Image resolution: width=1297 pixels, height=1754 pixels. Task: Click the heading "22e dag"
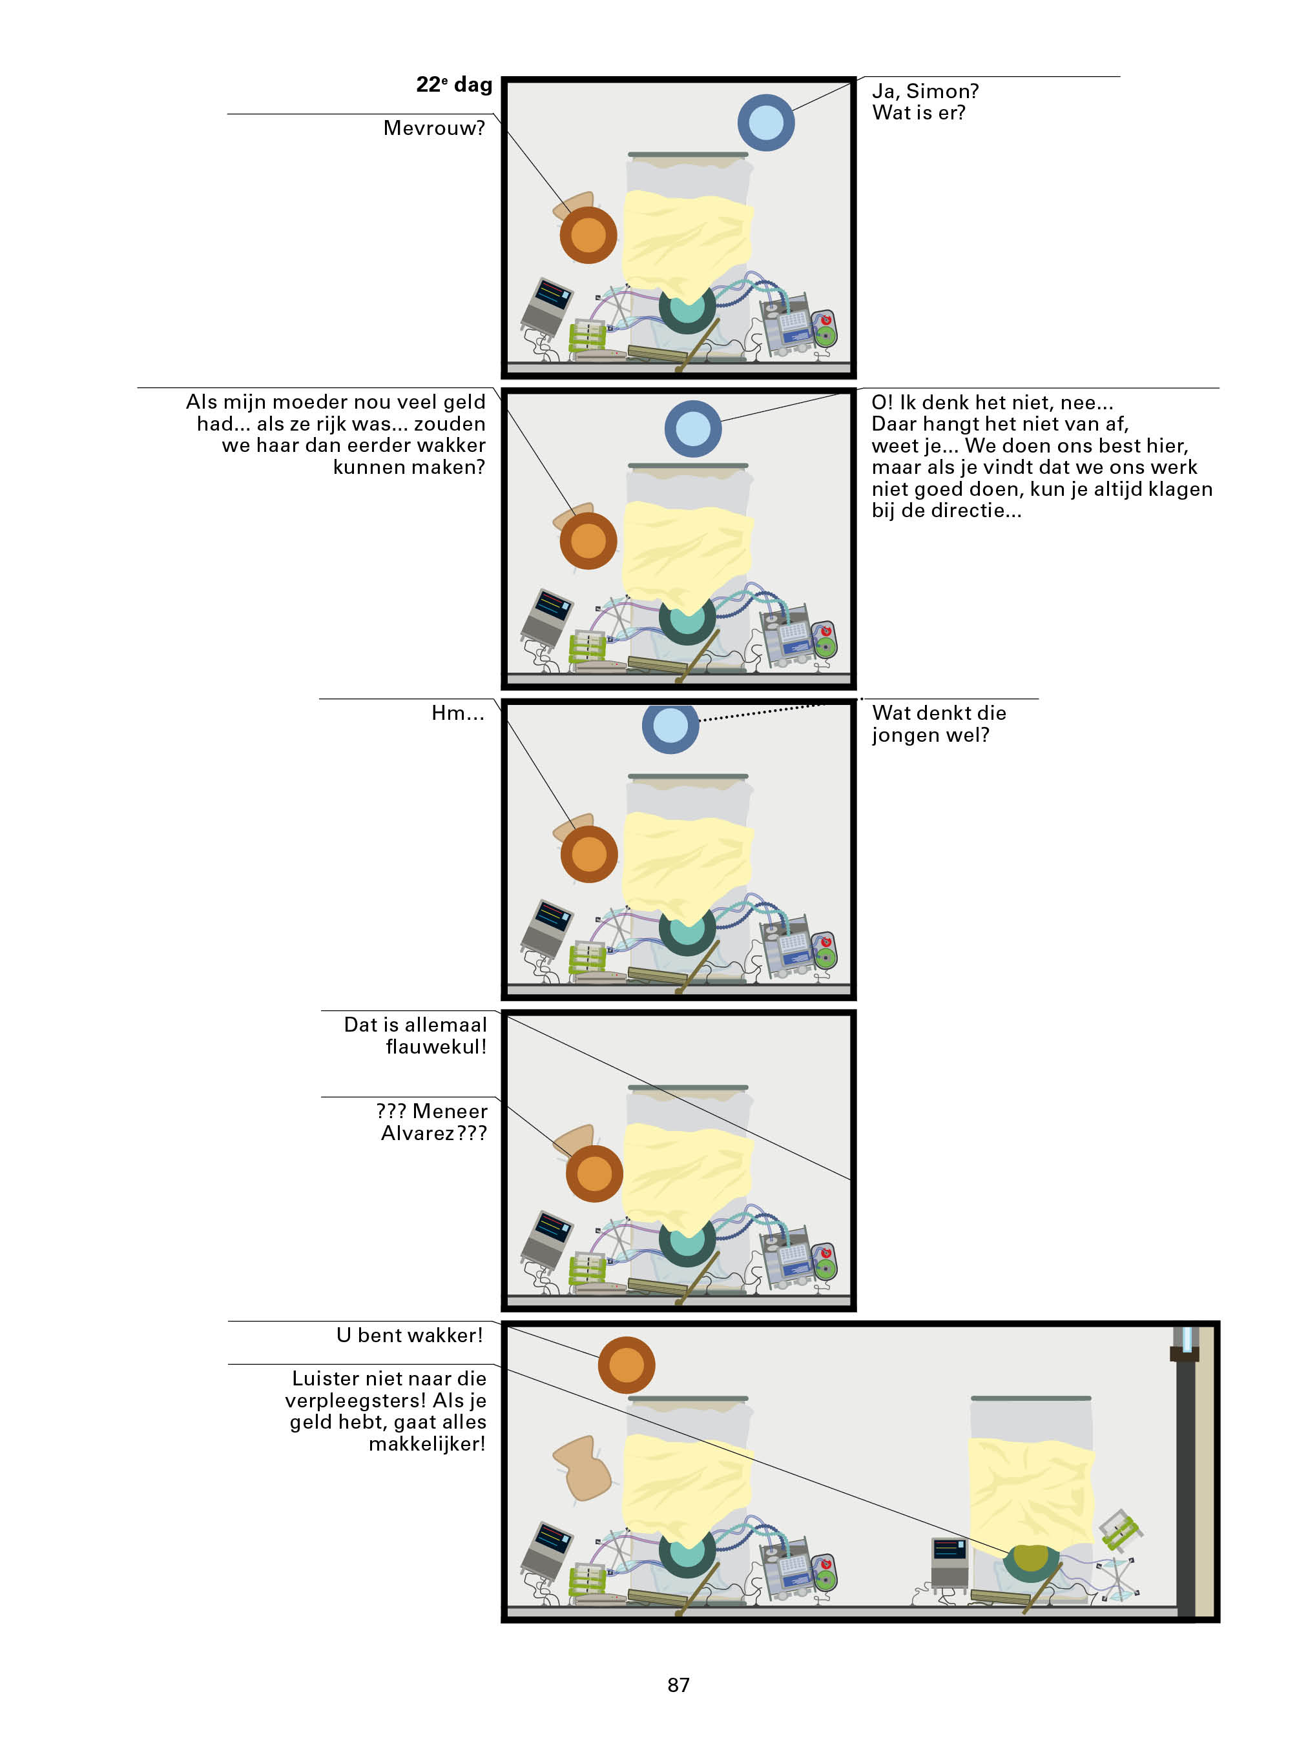coord(454,85)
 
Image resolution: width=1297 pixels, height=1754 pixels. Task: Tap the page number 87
coord(678,1684)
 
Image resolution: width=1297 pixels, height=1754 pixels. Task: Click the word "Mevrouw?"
coord(433,128)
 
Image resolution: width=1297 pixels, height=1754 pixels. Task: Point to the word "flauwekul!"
coord(436,1046)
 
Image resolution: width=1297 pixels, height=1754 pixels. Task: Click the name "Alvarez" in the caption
coord(417,1133)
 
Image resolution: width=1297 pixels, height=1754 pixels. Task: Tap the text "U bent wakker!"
coord(409,1335)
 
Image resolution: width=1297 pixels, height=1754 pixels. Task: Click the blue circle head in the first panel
coord(765,123)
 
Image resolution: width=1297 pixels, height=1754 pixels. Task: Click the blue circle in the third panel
coord(670,726)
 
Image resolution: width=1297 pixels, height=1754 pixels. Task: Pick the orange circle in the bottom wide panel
coord(626,1365)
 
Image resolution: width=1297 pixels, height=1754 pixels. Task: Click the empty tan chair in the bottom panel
coord(583,1467)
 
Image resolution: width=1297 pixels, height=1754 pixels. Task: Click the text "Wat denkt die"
coord(939,713)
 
